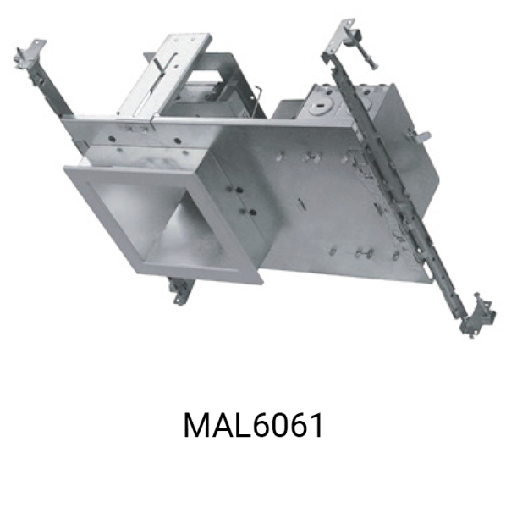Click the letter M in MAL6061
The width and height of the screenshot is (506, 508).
[196, 425]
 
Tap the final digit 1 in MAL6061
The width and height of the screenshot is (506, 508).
[316, 425]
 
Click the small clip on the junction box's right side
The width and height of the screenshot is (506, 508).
[420, 135]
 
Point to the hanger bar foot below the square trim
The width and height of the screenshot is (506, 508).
[182, 290]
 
